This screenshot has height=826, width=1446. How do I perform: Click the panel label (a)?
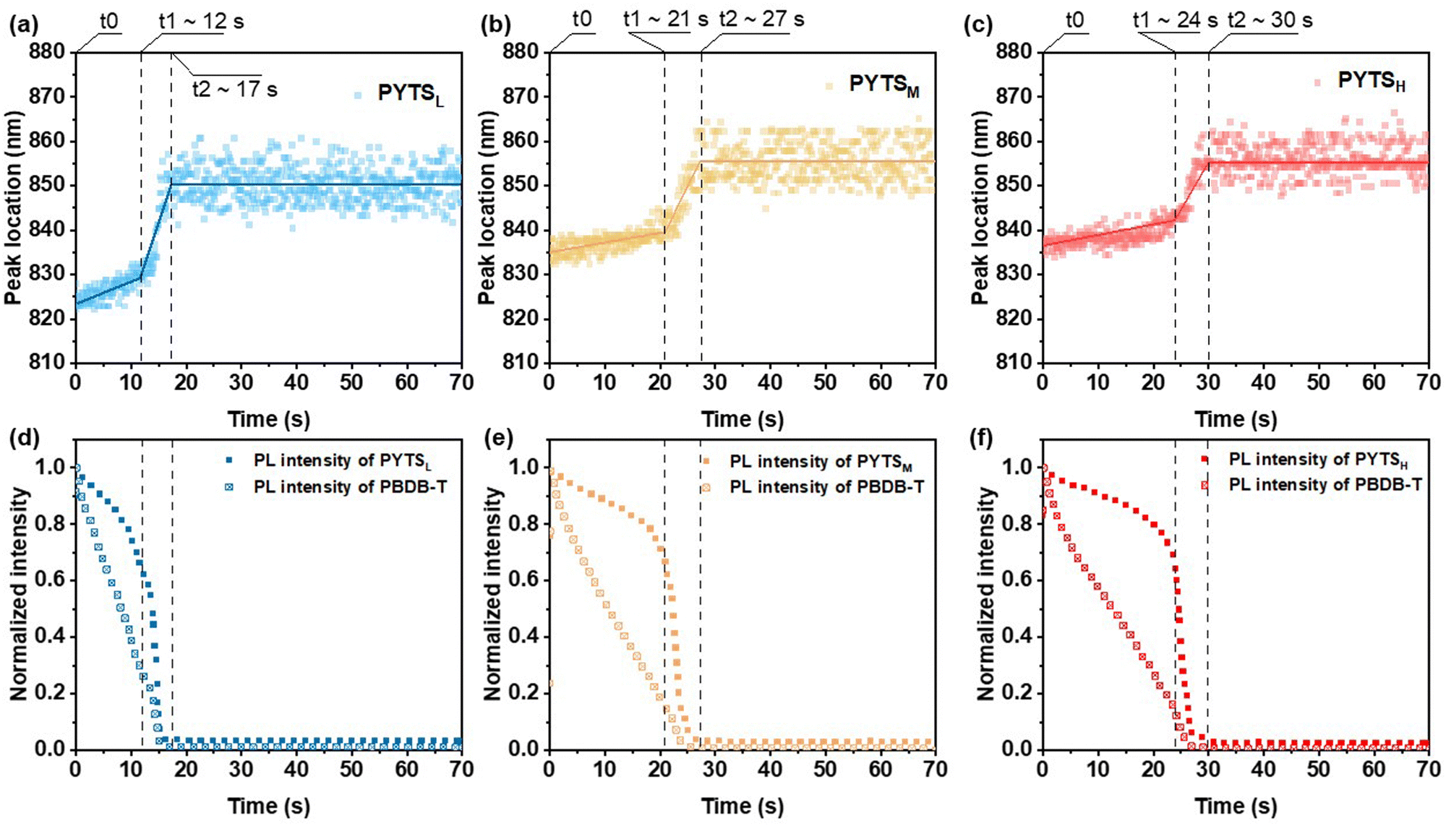(23, 26)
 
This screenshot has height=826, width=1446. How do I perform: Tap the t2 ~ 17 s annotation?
(234, 90)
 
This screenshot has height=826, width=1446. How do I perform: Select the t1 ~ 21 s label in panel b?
(665, 20)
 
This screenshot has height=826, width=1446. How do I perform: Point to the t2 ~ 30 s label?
(1270, 20)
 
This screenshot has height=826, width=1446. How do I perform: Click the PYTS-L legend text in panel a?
(410, 94)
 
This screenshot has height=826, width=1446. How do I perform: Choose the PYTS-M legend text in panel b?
(884, 85)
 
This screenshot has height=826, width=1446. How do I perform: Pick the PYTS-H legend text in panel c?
(1371, 82)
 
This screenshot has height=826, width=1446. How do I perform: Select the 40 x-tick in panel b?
(770, 382)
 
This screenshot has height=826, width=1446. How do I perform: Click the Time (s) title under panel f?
(1236, 806)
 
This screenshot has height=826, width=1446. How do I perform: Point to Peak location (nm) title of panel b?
(488, 208)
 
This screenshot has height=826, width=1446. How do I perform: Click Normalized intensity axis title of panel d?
(19, 594)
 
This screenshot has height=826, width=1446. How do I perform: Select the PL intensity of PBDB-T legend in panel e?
(826, 488)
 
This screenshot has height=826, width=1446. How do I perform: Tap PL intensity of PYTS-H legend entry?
(1317, 460)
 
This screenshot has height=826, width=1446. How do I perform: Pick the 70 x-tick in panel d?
(461, 770)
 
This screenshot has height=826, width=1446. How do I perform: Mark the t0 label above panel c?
(1074, 20)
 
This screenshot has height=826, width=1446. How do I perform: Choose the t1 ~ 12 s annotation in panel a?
(201, 22)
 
